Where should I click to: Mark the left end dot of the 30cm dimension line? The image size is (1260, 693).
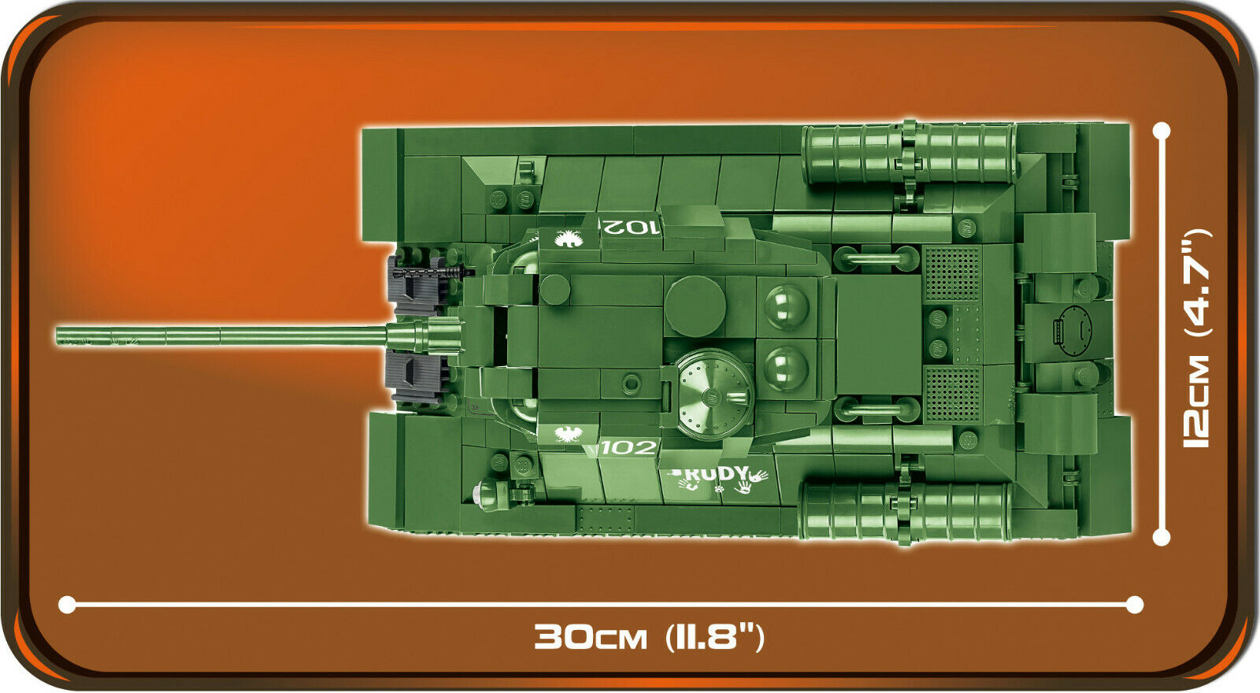pyautogui.click(x=67, y=605)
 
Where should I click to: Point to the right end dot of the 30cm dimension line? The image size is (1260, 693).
pyautogui.click(x=1135, y=605)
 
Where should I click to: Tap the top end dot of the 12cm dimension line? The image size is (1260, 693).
pyautogui.click(x=1162, y=131)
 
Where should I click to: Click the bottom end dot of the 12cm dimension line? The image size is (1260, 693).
pyautogui.click(x=1162, y=537)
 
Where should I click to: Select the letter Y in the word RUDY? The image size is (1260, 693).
pyautogui.click(x=740, y=474)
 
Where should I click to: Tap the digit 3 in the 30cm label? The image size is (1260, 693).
pyautogui.click(x=549, y=637)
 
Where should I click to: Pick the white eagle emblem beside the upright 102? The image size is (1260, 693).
pyautogui.click(x=568, y=434)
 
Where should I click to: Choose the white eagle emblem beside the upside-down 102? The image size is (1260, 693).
pyautogui.click(x=569, y=239)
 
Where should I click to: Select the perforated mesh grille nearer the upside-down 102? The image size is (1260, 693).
pyautogui.click(x=952, y=273)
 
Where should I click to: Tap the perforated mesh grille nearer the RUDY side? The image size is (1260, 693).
pyautogui.click(x=952, y=395)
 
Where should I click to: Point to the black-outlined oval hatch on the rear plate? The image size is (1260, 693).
pyautogui.click(x=1073, y=332)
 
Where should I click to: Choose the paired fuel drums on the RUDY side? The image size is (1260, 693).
pyautogui.click(x=906, y=511)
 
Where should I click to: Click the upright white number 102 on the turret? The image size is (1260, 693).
pyautogui.click(x=629, y=448)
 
